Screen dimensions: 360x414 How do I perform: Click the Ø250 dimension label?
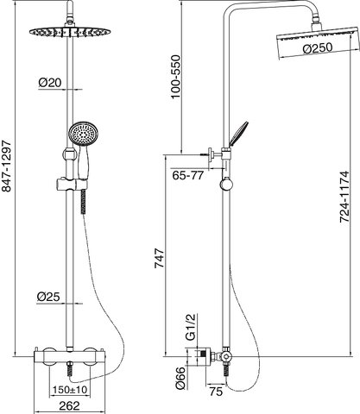[x=318, y=48]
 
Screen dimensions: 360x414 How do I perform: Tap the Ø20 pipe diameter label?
[x=50, y=83]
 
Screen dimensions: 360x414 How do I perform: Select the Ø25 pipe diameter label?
[x=48, y=297]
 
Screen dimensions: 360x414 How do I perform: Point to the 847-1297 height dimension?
[x=6, y=166]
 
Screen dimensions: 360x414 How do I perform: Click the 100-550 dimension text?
[x=175, y=77]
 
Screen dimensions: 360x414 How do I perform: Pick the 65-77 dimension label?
[x=188, y=175]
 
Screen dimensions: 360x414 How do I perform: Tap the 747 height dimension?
[x=160, y=258]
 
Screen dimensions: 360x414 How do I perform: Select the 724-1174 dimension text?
[x=344, y=197]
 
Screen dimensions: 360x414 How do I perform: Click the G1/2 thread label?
[x=191, y=328]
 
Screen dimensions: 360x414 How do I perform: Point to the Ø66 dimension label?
[x=181, y=378]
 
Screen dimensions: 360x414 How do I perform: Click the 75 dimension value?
[x=216, y=392]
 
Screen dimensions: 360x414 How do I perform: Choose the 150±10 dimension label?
[x=70, y=390]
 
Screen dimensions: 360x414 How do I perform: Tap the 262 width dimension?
[x=69, y=406]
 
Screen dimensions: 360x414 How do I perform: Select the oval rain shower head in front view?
[x=70, y=31]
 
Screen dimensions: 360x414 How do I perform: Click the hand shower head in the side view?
[x=238, y=133]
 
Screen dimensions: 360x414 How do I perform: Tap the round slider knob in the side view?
[x=227, y=184]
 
